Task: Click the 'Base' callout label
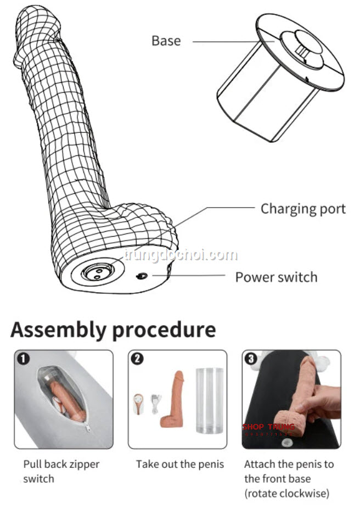pyautogui.click(x=166, y=41)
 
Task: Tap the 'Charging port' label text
pyautogui.click(x=303, y=209)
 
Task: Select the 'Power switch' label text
pyautogui.click(x=276, y=277)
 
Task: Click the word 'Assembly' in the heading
pyautogui.click(x=58, y=330)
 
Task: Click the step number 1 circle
pyautogui.click(x=24, y=359)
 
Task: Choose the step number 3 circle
pyautogui.click(x=252, y=359)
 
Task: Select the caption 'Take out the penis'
pyautogui.click(x=180, y=465)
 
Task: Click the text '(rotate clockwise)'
pyautogui.click(x=287, y=493)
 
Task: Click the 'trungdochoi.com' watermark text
pyautogui.click(x=181, y=255)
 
